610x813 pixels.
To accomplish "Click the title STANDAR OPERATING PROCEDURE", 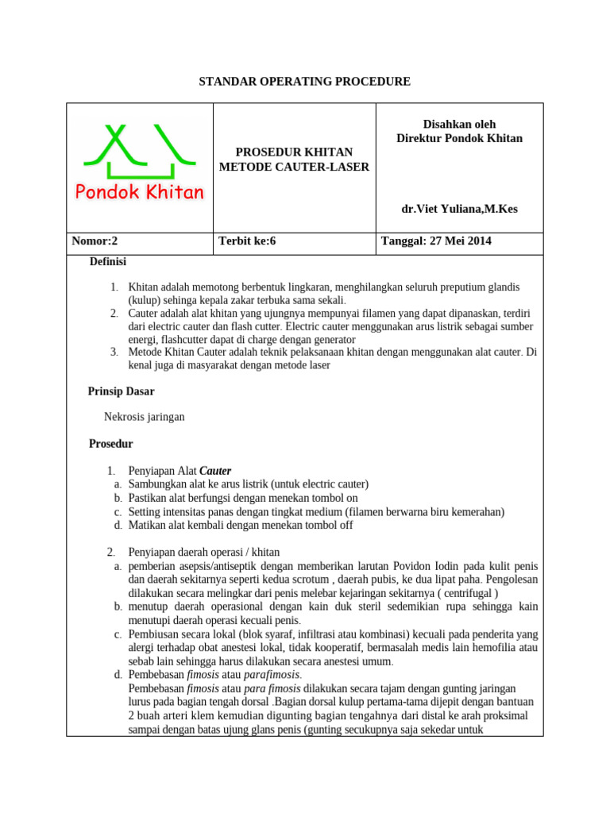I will pos(304,82).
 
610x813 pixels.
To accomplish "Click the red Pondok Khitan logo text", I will pos(140,192).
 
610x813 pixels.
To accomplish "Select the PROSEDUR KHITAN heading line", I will pos(294,152).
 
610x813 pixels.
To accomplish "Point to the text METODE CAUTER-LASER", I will pos(294,166).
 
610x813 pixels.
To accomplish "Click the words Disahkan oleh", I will pos(459,125).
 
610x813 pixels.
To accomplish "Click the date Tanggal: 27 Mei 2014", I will pos(436,241).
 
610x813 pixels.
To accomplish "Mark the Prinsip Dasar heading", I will pos(121,391).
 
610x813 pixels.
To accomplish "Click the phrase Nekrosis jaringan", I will pos(145,417).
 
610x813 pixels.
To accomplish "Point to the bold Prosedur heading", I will pos(110,444).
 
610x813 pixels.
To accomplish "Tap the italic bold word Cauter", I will pos(215,470).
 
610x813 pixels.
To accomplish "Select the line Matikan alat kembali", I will pos(240,525).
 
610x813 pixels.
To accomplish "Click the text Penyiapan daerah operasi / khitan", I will pos(204,552).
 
